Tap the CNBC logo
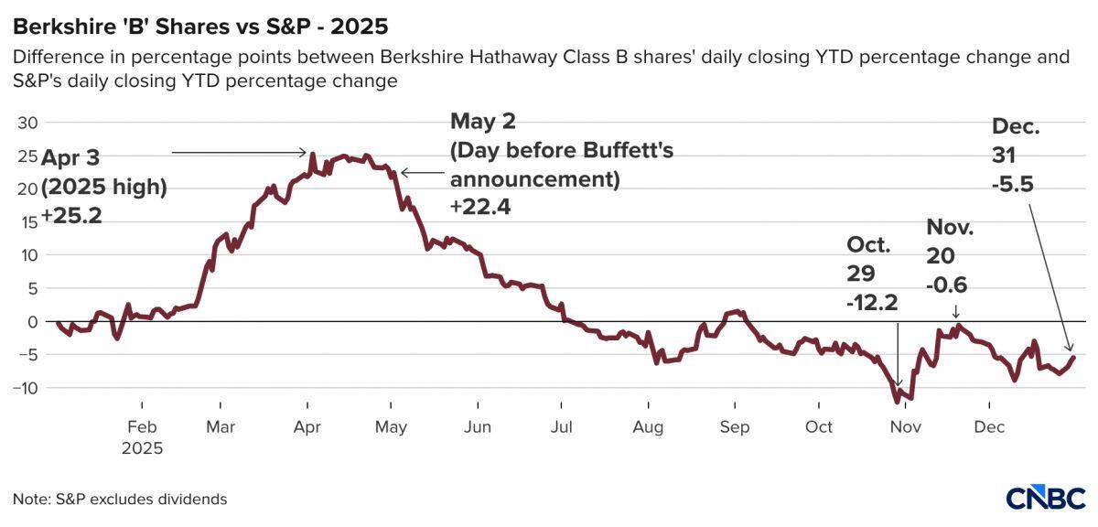[x=1045, y=498]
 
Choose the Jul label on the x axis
[x=562, y=427]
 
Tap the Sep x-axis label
[x=734, y=427]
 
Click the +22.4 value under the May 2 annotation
[x=479, y=207]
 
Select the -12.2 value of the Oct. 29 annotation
[x=875, y=301]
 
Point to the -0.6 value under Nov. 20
[x=946, y=285]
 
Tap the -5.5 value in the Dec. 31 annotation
[x=1013, y=183]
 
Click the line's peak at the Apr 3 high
[x=313, y=155]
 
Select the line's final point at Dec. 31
[x=1073, y=357]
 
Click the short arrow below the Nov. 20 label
[x=955, y=311]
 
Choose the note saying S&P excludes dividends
[x=120, y=500]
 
